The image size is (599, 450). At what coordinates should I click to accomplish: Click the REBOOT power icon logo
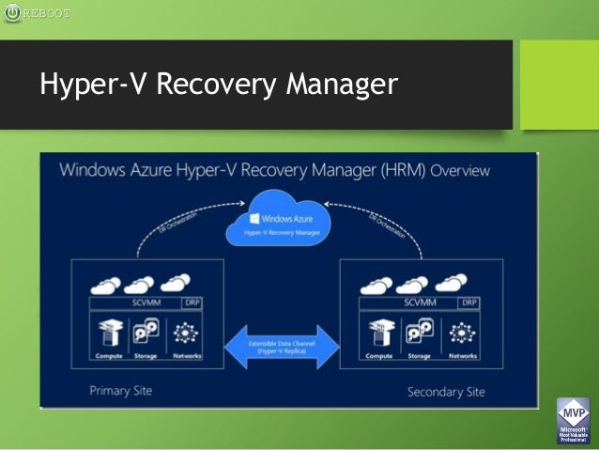coord(11,12)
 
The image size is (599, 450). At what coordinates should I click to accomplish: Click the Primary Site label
coord(120,391)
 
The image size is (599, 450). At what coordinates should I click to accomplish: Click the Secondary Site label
coord(446,392)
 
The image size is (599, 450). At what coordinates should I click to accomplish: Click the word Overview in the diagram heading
coord(460,170)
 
